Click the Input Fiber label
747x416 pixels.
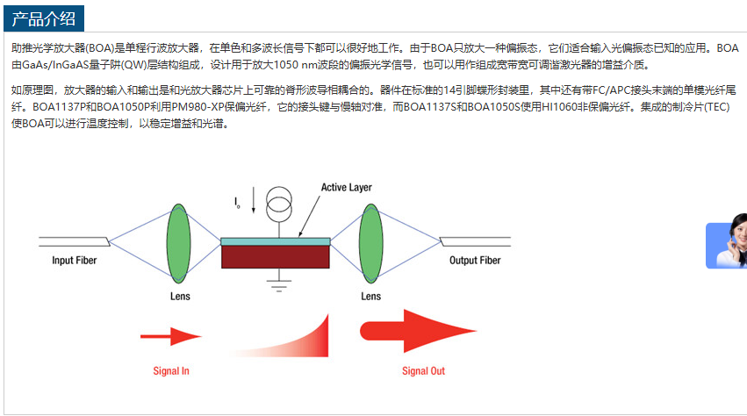pos(75,261)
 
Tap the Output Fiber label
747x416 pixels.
pos(475,261)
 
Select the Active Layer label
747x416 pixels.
pos(346,187)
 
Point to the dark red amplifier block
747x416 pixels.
pos(276,256)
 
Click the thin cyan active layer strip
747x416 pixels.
pos(276,241)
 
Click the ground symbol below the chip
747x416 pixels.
pos(279,283)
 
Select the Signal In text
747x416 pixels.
pos(171,371)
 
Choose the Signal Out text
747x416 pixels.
pos(423,371)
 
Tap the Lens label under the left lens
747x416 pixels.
pos(179,297)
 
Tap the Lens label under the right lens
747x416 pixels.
pos(371,297)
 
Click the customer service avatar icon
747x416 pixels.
pos(729,242)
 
